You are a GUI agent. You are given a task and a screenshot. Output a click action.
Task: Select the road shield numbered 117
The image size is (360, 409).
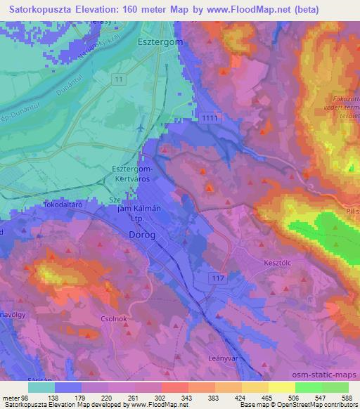(x=218, y=278)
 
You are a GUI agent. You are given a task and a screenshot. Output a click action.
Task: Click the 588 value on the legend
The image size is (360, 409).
(x=347, y=398)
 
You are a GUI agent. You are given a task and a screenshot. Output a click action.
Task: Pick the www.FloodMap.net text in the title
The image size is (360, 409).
(x=240, y=9)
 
